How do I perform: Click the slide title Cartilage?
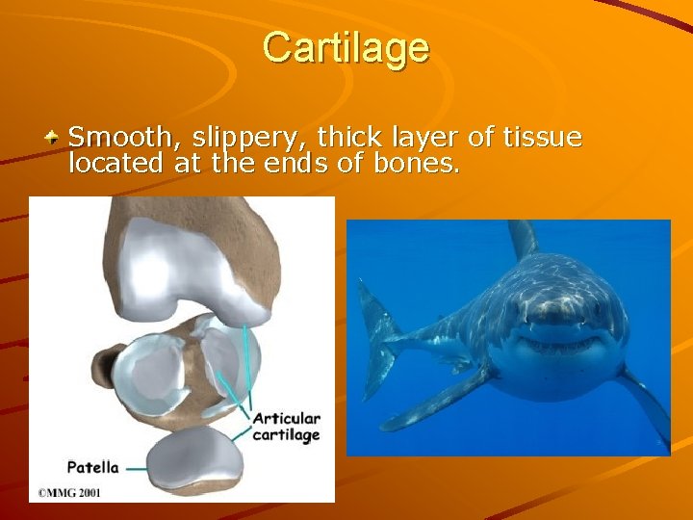coord(346,46)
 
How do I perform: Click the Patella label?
coord(92,467)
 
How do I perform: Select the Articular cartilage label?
coord(286,427)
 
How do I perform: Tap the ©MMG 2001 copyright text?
coord(71,492)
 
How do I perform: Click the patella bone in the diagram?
coord(192,456)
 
